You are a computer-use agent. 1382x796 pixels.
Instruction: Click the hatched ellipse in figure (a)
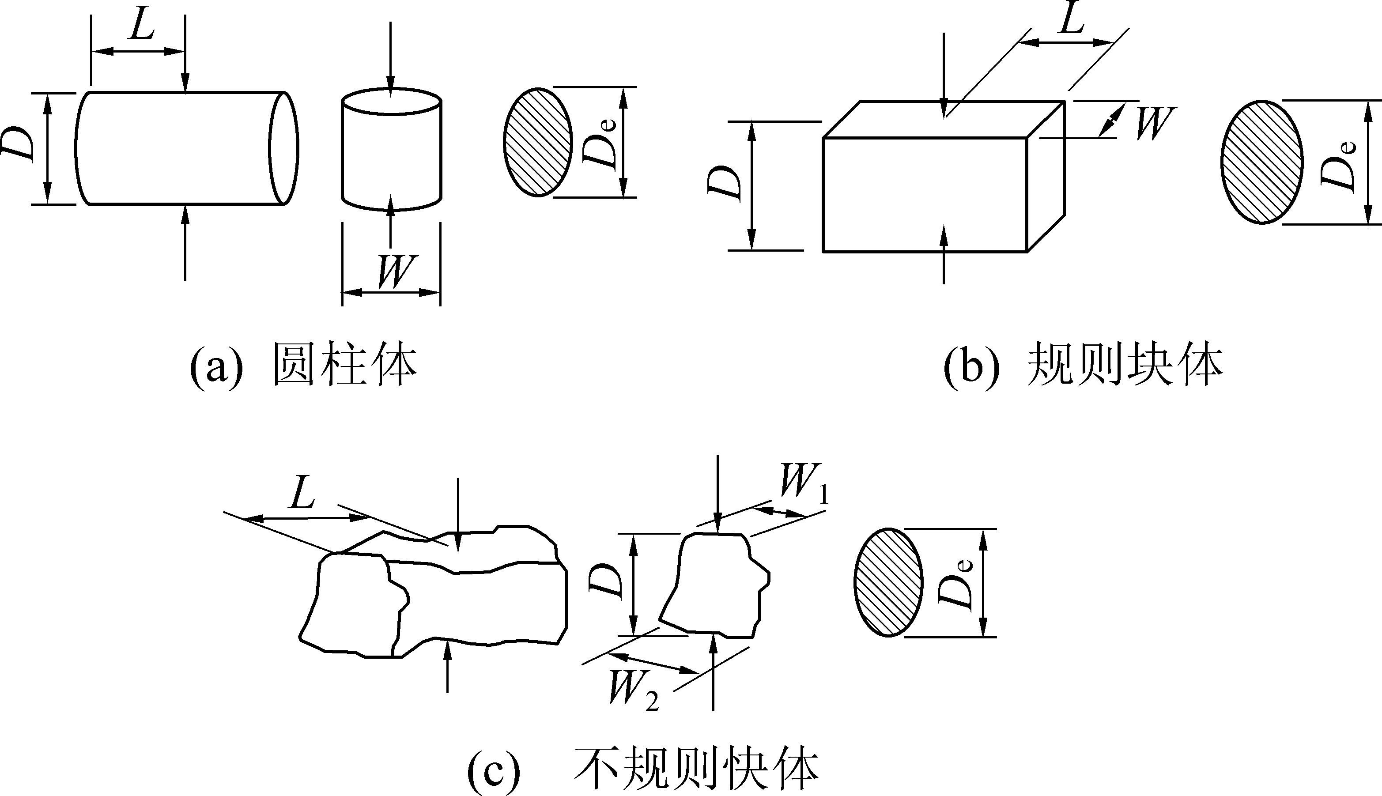[x=538, y=142]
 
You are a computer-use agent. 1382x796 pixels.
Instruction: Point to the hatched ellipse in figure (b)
[x=1262, y=162]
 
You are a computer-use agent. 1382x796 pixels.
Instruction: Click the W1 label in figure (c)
[x=804, y=484]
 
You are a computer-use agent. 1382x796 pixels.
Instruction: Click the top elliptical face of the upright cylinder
[x=392, y=102]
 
